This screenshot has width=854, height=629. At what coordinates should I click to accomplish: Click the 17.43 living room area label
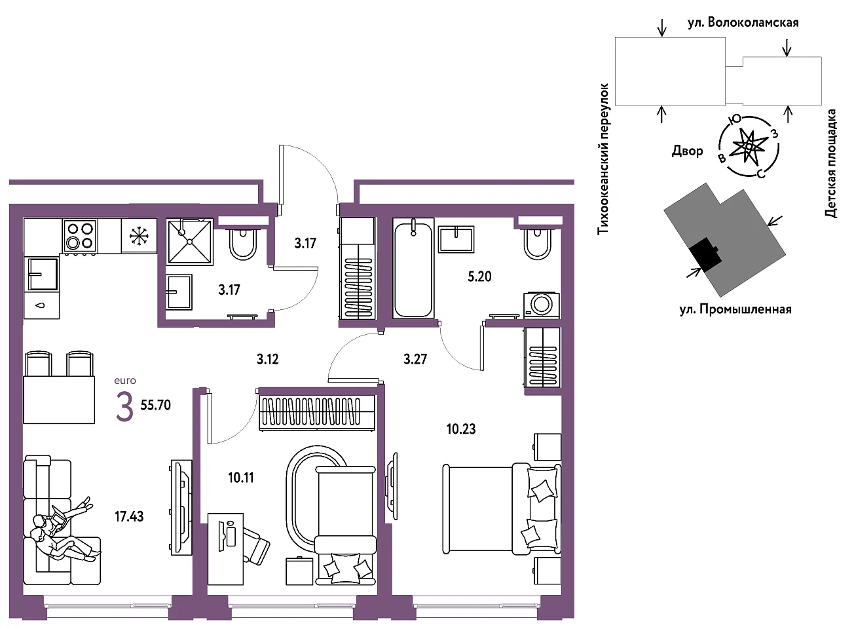tap(129, 516)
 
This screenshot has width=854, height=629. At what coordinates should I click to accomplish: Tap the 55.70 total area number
tap(156, 405)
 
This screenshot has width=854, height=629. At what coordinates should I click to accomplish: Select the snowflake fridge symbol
tap(138, 236)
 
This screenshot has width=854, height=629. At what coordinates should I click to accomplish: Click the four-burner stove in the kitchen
tap(80, 236)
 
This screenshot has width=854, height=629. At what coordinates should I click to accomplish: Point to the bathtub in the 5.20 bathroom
tap(414, 268)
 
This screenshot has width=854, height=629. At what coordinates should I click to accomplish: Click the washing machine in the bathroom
tap(542, 305)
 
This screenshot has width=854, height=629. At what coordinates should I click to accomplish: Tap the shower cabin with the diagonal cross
tap(189, 242)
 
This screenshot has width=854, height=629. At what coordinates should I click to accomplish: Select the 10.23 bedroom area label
tap(461, 429)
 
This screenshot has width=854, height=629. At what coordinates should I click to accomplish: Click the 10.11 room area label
tap(241, 478)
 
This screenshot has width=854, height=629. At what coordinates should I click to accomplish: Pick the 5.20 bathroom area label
tap(479, 276)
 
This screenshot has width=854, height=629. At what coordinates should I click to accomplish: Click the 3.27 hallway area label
tap(415, 359)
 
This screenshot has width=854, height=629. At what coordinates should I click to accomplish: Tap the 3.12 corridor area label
tap(268, 359)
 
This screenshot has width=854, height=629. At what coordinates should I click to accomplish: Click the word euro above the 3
tap(125, 380)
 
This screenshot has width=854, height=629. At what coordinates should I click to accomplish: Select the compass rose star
tap(749, 146)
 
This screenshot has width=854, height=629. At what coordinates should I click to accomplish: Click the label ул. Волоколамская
tap(743, 23)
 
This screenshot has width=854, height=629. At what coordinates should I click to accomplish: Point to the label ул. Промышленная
tap(735, 309)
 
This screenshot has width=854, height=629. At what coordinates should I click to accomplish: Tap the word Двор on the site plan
tap(688, 151)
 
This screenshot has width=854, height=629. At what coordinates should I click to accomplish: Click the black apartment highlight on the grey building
tap(705, 255)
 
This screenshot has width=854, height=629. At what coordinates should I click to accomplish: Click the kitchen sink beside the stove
tap(43, 273)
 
